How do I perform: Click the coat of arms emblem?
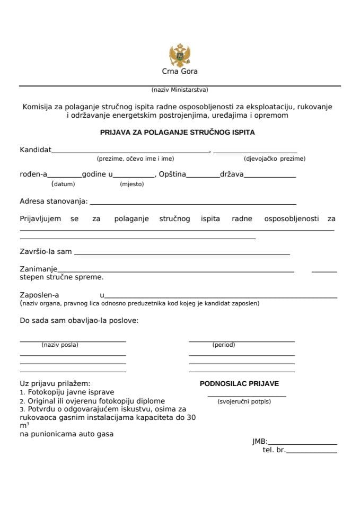click(x=179, y=55)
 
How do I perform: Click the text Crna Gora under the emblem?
click(x=179, y=72)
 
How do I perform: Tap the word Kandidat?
click(x=36, y=150)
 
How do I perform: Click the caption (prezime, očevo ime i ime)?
click(x=135, y=159)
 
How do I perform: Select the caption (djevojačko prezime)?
click(x=275, y=159)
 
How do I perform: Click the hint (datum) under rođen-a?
click(x=63, y=185)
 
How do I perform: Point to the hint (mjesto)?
click(x=132, y=185)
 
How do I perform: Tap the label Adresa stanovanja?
click(x=54, y=201)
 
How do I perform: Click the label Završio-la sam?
click(x=46, y=252)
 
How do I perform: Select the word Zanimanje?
click(x=39, y=269)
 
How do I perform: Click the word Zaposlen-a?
click(x=40, y=295)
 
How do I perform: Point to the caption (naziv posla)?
click(x=60, y=345)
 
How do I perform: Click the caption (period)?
click(x=224, y=345)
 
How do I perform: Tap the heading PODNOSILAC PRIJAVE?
click(x=239, y=383)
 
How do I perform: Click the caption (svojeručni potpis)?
click(x=244, y=401)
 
